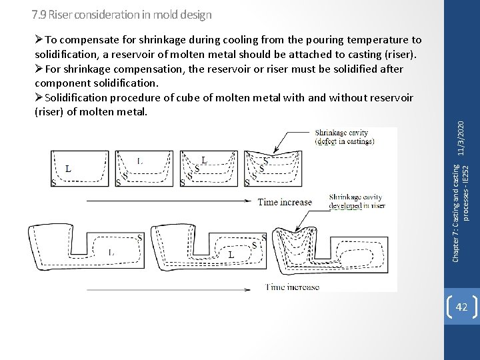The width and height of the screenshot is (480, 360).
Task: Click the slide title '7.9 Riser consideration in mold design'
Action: [122, 14]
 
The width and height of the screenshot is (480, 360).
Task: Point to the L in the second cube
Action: [139, 161]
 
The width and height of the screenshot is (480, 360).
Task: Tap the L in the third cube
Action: [204, 160]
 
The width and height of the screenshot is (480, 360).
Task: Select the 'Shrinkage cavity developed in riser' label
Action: [357, 201]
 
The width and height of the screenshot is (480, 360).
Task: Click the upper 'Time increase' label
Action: [285, 201]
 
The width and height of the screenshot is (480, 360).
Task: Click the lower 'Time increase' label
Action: [292, 287]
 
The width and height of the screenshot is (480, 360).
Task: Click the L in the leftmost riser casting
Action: [111, 252]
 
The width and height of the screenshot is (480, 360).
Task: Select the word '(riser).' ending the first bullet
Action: [400, 53]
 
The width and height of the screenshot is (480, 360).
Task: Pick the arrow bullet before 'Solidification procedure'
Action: [39, 98]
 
